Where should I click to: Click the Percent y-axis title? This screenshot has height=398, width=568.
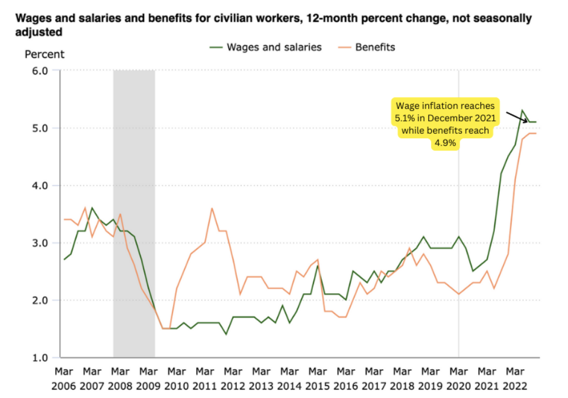click(44, 54)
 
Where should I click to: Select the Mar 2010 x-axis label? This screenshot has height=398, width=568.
click(176, 377)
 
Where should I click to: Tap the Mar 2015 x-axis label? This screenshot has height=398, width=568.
click(318, 377)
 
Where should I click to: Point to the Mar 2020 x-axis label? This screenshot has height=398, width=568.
click(459, 377)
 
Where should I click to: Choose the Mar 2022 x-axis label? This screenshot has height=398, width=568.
click(515, 377)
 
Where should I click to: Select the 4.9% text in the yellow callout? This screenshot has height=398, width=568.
click(445, 143)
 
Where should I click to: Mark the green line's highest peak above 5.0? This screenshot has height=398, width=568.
click(523, 110)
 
